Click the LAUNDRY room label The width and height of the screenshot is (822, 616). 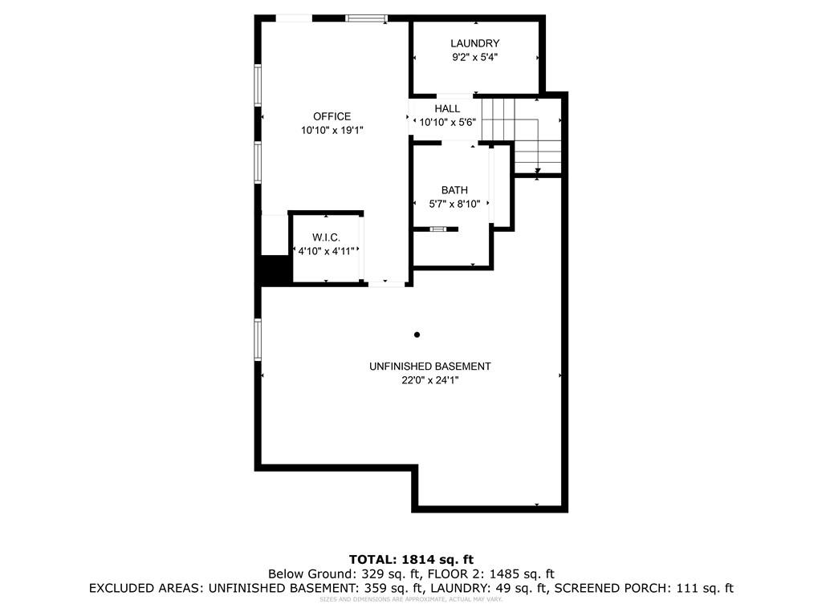coord(474,43)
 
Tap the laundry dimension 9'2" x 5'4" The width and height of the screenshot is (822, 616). coord(474,58)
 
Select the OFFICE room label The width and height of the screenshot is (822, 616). coord(332,116)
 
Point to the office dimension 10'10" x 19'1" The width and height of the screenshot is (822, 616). coord(332,131)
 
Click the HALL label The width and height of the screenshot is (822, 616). coord(447,108)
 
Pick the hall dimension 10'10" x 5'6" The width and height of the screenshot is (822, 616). coord(448,123)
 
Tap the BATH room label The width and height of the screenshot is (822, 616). coord(454,190)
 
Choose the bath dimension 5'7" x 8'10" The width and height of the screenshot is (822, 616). coord(454,205)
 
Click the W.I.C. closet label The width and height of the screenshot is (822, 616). coord(326,237)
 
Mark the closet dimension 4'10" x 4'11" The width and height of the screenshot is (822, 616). coord(326,251)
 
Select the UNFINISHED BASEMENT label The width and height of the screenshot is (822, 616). coord(429,367)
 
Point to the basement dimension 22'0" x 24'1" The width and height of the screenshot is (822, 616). coord(429,381)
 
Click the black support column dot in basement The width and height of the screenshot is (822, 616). coord(417,334)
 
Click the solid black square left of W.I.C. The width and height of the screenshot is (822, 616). coord(275,269)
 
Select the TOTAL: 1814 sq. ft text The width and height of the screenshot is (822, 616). coord(410,559)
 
